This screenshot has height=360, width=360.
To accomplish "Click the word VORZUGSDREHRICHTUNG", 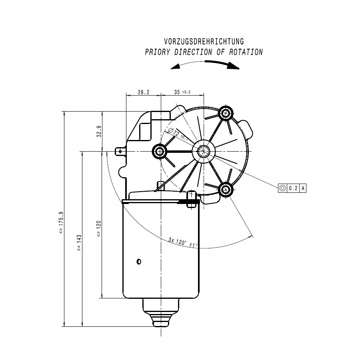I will click(x=204, y=42).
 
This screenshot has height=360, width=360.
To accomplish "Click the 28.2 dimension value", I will click(x=144, y=92).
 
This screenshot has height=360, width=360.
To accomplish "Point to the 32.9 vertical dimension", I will click(x=99, y=132).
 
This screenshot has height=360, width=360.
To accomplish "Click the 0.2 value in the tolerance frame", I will click(x=293, y=188).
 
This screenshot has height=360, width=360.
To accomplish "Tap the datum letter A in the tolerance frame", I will click(x=303, y=188).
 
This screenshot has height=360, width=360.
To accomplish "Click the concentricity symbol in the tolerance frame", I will click(x=283, y=188).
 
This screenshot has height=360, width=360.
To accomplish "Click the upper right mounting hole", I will click(x=226, y=113).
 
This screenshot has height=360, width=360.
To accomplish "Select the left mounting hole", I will click(x=160, y=151).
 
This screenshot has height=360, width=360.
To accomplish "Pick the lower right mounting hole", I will click(x=226, y=189).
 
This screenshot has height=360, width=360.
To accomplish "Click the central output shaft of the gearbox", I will click(x=204, y=152).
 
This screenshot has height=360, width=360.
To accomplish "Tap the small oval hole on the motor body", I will click(x=139, y=262).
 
